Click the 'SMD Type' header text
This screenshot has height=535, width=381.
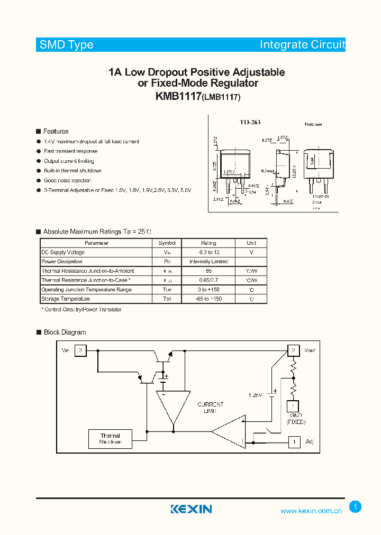pos(67,45)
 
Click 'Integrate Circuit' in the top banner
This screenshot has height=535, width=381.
pos(302,45)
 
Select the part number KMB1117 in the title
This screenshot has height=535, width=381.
pos(178,96)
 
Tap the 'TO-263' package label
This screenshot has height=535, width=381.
pos(249,122)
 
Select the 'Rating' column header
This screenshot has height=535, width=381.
pos(208,243)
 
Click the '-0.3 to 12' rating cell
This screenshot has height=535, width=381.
pos(208,252)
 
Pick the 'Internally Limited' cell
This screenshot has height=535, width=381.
pos(208,262)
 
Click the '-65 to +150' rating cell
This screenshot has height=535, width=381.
pos(208,299)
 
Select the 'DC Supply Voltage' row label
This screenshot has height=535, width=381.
pos(63,252)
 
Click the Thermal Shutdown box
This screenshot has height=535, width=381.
pos(111,439)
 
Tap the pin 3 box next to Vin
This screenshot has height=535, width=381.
pos(80,350)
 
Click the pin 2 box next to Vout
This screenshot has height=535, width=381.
pos(293,350)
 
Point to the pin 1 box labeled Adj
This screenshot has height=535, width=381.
pos(293,441)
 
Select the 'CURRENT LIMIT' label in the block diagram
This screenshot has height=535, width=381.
pos(211,408)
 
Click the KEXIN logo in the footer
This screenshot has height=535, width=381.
pos(191,509)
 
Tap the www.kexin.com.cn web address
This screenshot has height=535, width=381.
pos(311,511)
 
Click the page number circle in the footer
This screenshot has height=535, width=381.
pos(356,507)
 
